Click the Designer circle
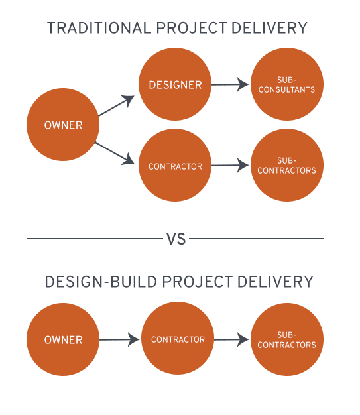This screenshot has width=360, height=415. [x=174, y=84]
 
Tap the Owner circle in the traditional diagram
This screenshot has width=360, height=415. [x=63, y=125]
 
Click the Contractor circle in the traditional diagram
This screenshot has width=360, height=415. [x=174, y=166]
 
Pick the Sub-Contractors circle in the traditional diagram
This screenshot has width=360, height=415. [x=287, y=166]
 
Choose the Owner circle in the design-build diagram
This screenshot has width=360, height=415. [x=63, y=339]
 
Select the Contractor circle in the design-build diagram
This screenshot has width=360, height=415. [x=178, y=339]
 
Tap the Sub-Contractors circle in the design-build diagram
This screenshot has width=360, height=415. [x=287, y=339]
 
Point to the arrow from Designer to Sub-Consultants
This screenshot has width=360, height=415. [x=230, y=84]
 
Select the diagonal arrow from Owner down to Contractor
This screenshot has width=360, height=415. [x=115, y=152]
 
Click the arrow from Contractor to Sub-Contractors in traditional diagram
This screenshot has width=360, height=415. [x=230, y=166]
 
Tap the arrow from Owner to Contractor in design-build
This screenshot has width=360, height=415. [x=120, y=339]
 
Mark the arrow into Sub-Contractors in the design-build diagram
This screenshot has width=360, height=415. [x=232, y=339]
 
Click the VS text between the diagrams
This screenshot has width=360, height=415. [x=176, y=239]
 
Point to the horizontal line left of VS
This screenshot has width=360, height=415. [x=93, y=239]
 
